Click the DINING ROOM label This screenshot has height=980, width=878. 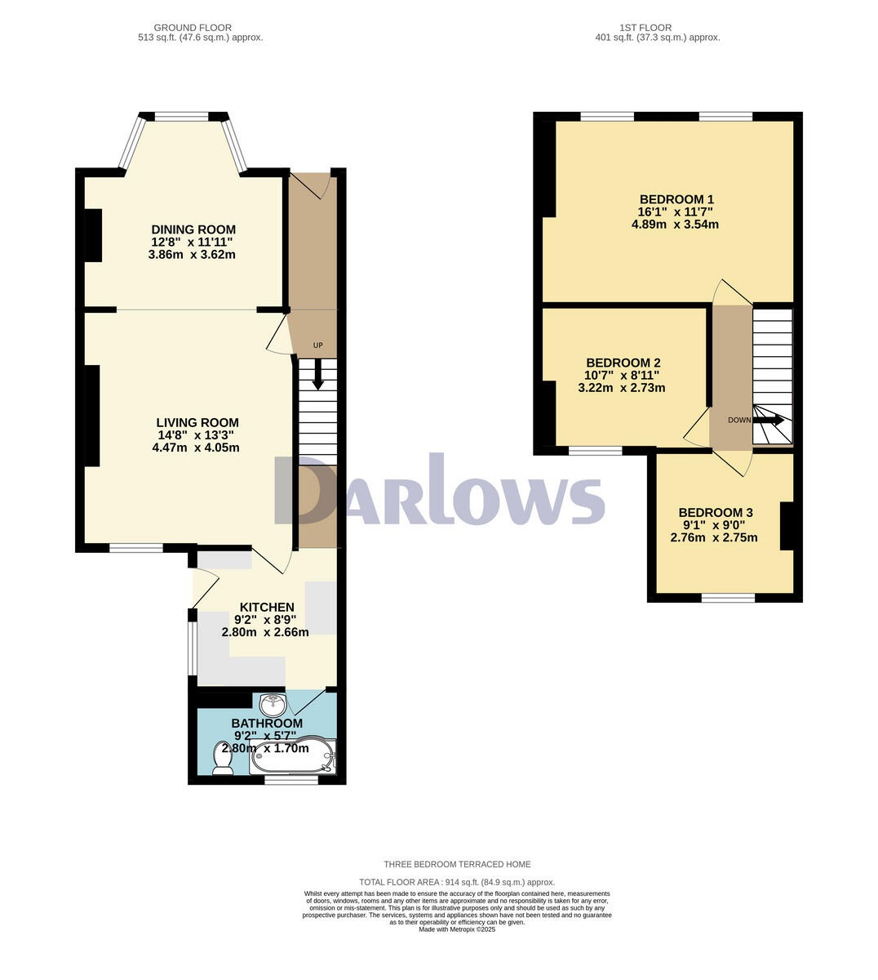[193, 229]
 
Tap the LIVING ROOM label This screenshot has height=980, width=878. [197, 422]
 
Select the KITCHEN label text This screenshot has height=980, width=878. [266, 607]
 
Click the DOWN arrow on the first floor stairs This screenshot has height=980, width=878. [769, 420]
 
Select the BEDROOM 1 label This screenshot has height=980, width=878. [676, 199]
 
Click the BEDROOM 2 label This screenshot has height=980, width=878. [623, 363]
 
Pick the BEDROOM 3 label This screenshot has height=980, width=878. [716, 512]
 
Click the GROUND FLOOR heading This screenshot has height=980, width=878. [193, 28]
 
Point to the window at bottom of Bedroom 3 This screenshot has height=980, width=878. [728, 598]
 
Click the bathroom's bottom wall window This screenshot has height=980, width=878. [291, 780]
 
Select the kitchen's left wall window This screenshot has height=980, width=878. [193, 649]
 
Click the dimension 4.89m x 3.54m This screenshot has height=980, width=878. [675, 224]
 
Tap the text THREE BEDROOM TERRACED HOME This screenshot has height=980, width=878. [457, 864]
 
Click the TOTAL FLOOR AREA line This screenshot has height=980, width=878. [457, 882]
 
